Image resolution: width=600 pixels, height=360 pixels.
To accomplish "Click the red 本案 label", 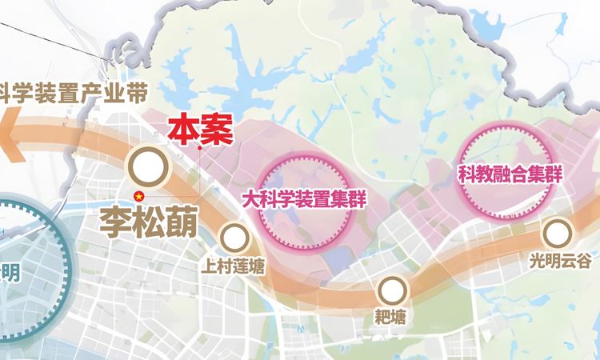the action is pos(198,130).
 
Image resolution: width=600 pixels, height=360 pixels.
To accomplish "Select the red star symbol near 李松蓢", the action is pos(138,197).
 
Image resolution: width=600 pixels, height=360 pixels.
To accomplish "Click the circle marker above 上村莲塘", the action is pos(234,237).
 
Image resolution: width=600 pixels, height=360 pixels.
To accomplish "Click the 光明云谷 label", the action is pos(559,260).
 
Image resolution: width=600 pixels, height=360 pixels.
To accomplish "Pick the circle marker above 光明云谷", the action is pos(557,233).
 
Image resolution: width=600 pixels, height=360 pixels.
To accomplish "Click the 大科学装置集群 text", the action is pos(304,198).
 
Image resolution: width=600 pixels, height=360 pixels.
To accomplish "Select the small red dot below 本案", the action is pos(198,148).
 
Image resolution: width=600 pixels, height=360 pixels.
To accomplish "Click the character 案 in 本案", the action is pos(214,130).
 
